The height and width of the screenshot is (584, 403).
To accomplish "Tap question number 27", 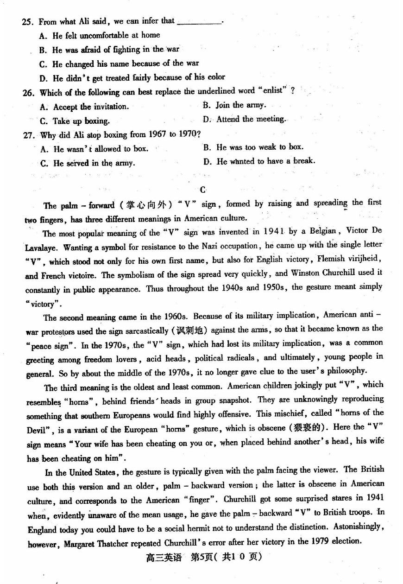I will point(29,135).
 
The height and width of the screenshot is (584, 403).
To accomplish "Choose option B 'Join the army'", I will point(234,105).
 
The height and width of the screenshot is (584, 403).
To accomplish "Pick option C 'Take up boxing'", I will point(75,121).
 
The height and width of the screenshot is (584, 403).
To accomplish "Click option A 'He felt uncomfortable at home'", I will point(100,35).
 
